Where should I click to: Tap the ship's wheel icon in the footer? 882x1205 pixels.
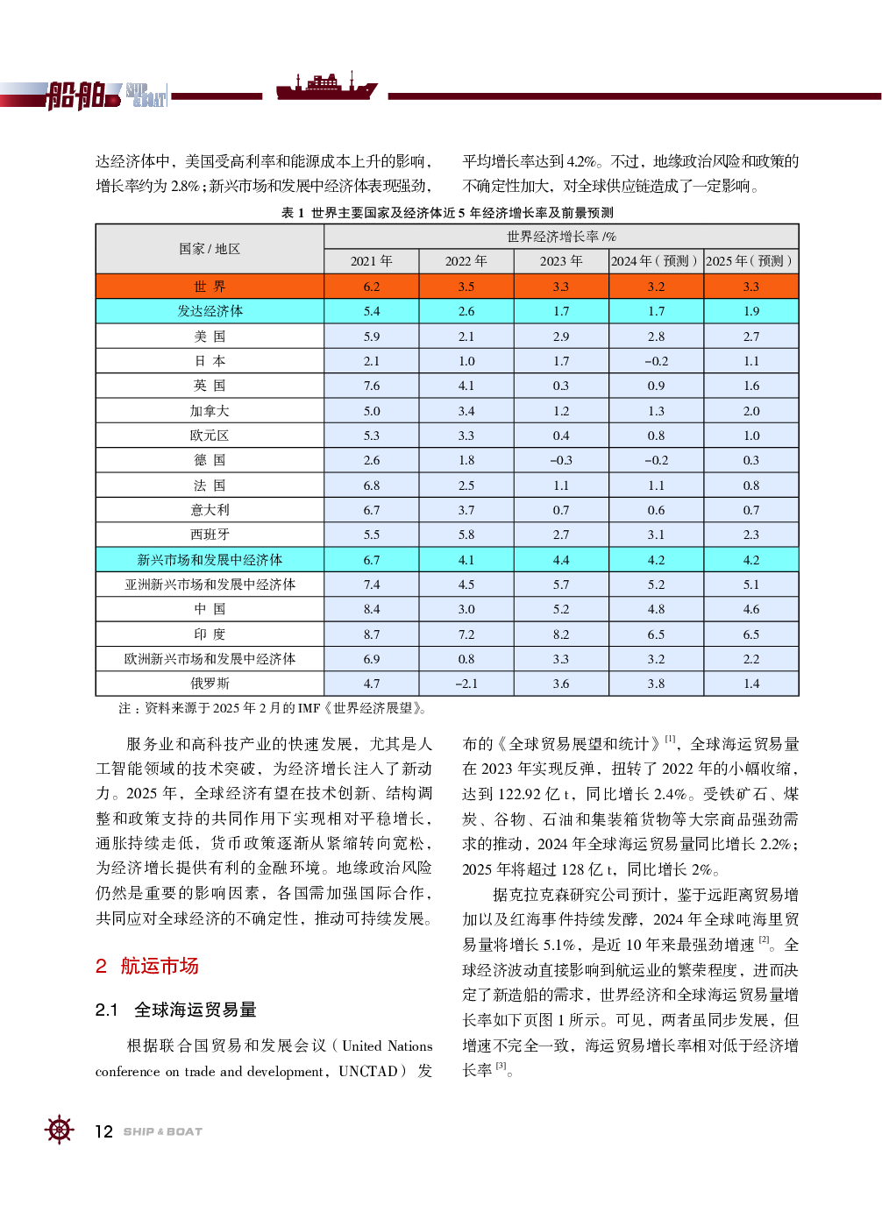tap(59, 1130)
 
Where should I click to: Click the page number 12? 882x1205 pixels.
tap(103, 1131)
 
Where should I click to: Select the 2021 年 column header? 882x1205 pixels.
tap(372, 261)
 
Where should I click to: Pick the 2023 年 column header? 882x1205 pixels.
tap(561, 261)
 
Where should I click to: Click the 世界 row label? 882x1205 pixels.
tap(210, 287)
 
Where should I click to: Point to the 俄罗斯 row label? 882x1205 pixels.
tap(210, 684)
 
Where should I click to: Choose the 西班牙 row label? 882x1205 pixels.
tap(210, 535)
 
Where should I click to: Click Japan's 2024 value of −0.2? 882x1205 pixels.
tap(656, 361)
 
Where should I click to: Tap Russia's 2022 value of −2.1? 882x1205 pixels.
tap(466, 684)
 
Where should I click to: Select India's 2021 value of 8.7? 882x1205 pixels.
tap(372, 634)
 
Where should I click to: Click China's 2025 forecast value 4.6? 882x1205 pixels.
tap(751, 609)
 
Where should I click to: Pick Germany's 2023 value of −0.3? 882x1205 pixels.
tap(561, 460)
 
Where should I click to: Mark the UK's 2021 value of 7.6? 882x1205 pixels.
tap(372, 386)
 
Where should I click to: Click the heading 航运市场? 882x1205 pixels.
tap(159, 966)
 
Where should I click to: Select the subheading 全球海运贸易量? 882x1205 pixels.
tap(195, 1010)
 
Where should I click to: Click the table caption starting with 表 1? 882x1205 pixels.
tap(447, 213)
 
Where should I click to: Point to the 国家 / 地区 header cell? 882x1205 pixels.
tap(210, 249)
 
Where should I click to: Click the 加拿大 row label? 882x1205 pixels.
tap(210, 411)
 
